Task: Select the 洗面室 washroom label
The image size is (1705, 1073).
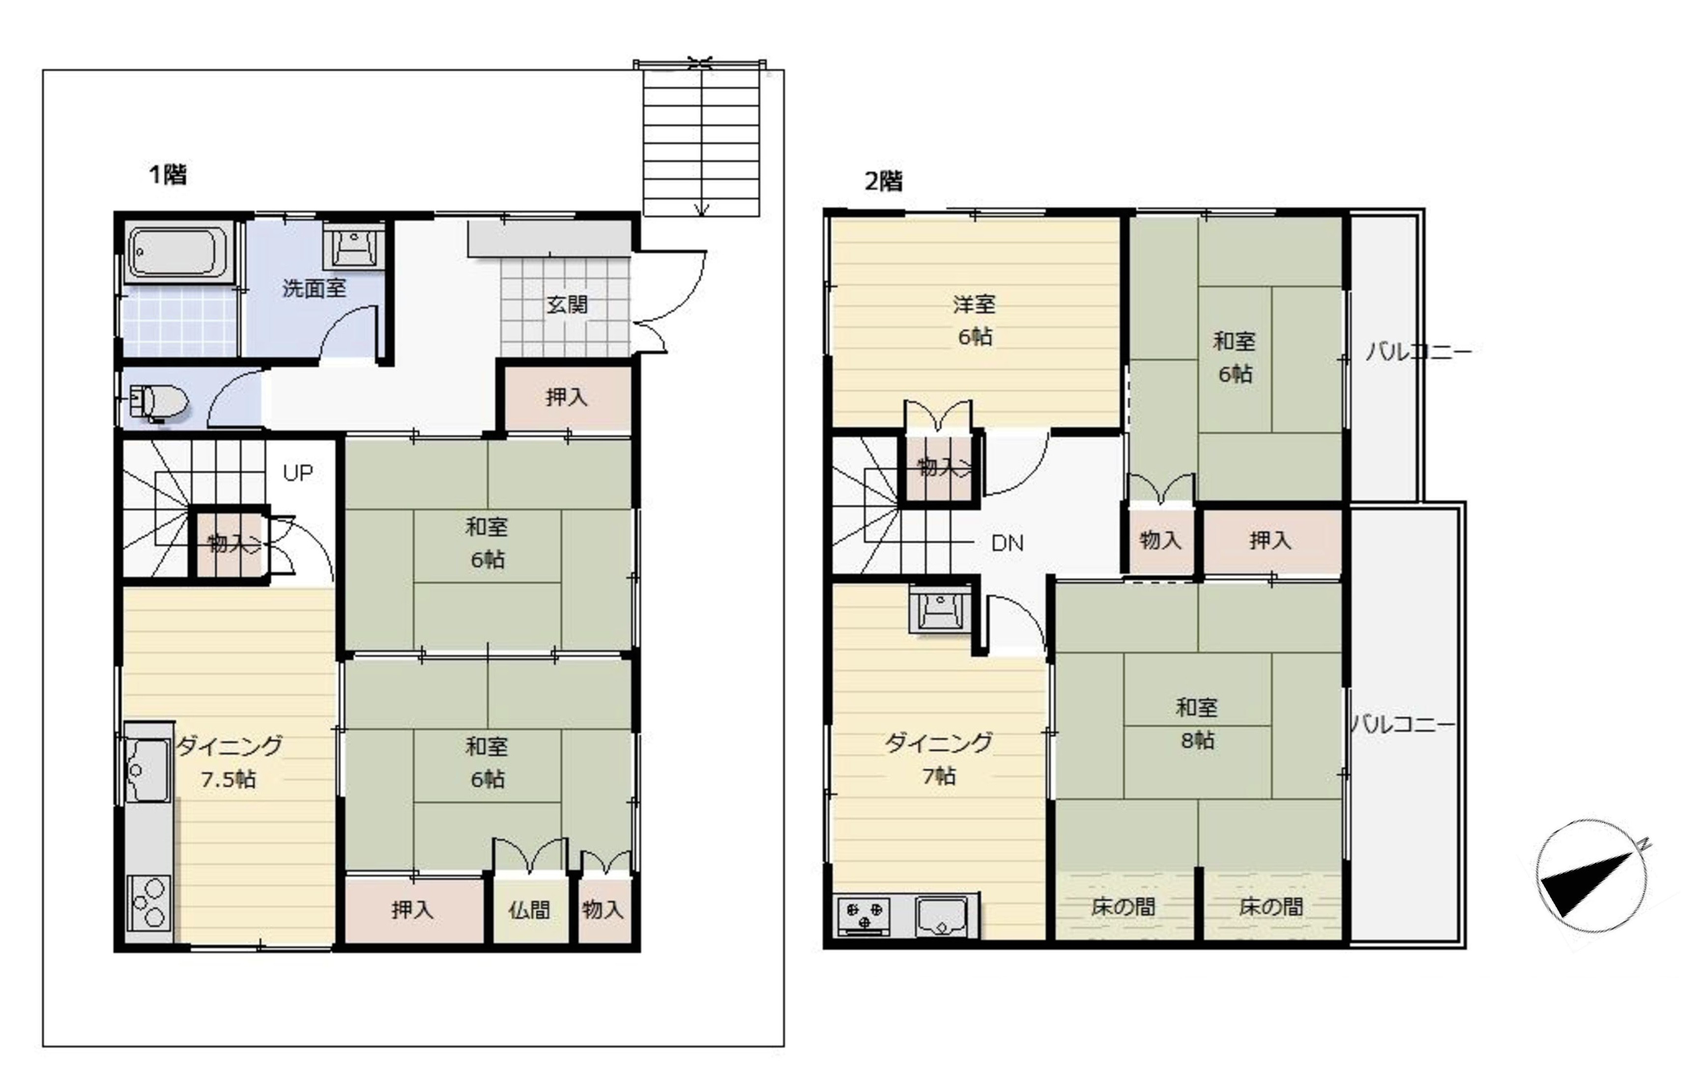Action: point(315,289)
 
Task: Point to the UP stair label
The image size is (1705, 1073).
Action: point(298,473)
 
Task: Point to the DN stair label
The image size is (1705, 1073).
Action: point(1008,543)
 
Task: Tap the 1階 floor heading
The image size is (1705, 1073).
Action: point(168,174)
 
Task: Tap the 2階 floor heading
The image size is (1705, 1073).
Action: point(884,182)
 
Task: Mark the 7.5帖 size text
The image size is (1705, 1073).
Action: point(228,779)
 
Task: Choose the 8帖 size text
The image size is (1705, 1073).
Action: point(1197,740)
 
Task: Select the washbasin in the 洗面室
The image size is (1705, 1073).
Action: point(354,247)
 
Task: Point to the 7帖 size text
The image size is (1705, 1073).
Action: point(939,776)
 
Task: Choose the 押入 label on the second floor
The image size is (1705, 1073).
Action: point(1271,541)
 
